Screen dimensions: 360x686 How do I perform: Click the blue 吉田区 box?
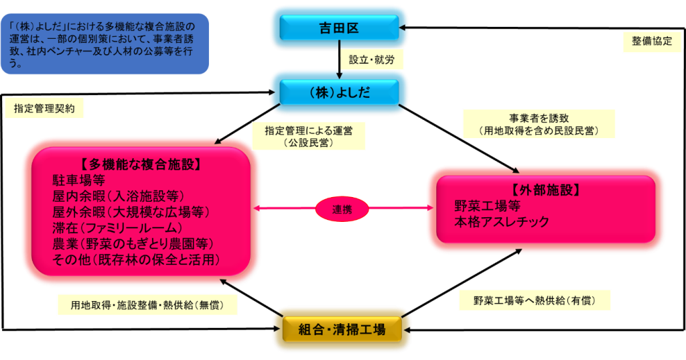pyautogui.click(x=339, y=27)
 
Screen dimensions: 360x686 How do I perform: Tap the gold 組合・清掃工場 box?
pyautogui.click(x=342, y=329)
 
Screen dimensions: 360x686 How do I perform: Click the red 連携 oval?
pyautogui.click(x=342, y=209)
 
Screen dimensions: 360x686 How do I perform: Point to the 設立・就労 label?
pyautogui.click(x=372, y=59)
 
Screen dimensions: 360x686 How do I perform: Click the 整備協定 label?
pyautogui.click(x=651, y=40)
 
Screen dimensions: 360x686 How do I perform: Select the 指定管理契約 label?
pyautogui.click(x=44, y=107)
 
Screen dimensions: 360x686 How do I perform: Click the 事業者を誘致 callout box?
pyautogui.click(x=539, y=124)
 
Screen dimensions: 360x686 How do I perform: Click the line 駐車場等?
pyautogui.click(x=78, y=180)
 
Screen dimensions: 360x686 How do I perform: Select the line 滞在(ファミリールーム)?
pyautogui.click(x=117, y=227)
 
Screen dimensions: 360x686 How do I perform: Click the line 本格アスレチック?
pyautogui.click(x=502, y=221)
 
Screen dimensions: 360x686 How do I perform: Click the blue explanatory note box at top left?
pyautogui.click(x=105, y=44)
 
